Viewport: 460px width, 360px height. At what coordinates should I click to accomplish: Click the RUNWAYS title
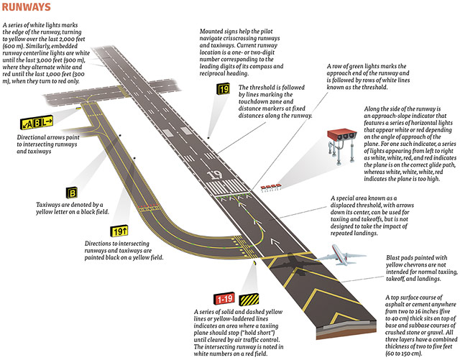(26, 7)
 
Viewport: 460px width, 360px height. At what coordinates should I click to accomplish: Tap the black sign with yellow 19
(224, 90)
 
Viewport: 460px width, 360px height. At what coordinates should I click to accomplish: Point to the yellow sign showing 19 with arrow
(119, 231)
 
